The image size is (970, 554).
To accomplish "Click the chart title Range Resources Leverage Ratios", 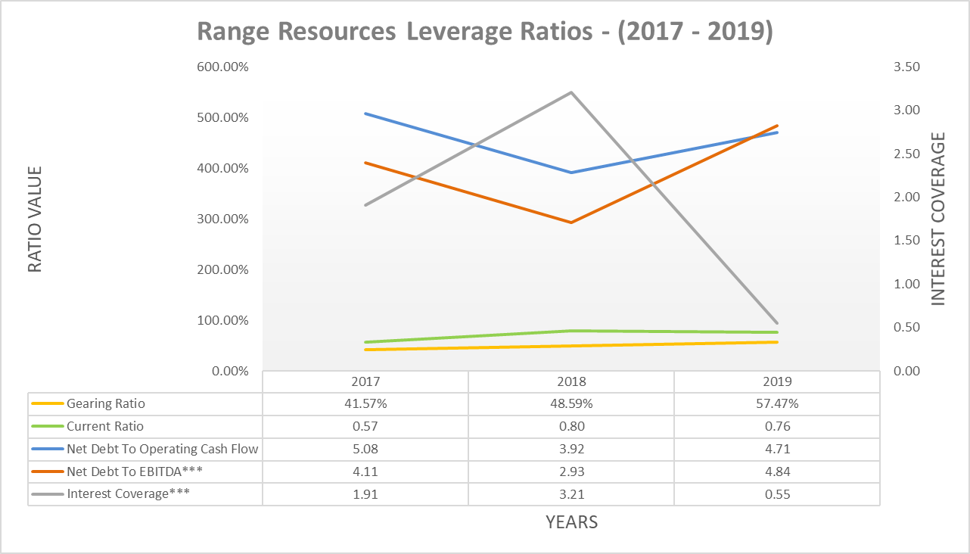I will (x=484, y=33).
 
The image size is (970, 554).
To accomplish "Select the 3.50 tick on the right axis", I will (x=906, y=67).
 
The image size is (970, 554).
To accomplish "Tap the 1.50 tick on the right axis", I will (x=906, y=241).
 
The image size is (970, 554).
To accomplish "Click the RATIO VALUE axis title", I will (x=36, y=219).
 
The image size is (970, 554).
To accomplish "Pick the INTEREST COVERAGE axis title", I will (x=938, y=219).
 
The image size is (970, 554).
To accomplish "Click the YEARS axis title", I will (x=571, y=522).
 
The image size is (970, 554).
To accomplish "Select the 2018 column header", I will (x=570, y=382).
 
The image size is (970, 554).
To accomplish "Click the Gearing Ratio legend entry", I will (x=105, y=404).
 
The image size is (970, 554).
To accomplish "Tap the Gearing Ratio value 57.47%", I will (x=776, y=404).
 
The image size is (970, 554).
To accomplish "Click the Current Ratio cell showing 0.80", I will (x=570, y=427).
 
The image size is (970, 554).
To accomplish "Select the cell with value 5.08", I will (x=365, y=450).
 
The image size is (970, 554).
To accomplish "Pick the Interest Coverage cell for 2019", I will (x=776, y=495).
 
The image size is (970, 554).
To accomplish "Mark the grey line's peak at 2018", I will (x=570, y=92).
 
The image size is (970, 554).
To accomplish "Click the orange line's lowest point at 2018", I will (x=570, y=223).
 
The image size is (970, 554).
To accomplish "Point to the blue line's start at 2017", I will (x=365, y=114).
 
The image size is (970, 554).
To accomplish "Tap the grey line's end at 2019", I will (x=776, y=323).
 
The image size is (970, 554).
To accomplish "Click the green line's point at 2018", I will (x=570, y=331).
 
